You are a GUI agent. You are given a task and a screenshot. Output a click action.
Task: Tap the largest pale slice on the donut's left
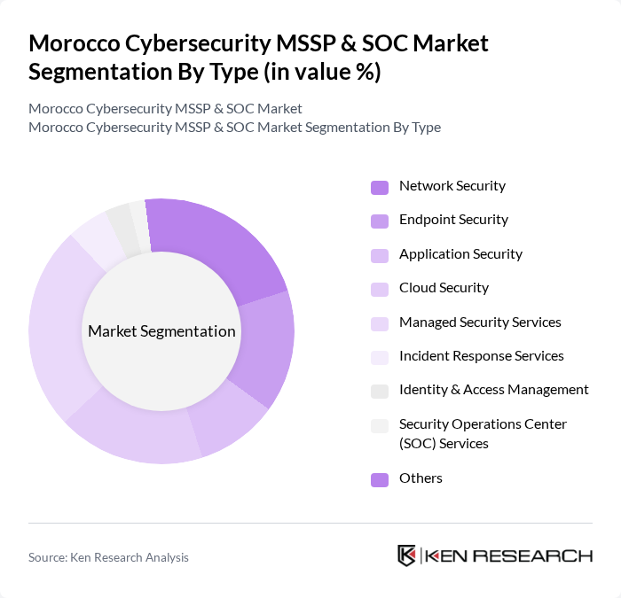click(58, 328)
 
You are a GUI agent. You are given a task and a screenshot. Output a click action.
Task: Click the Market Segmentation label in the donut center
click(161, 331)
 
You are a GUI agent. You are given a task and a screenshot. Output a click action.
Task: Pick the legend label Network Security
click(452, 186)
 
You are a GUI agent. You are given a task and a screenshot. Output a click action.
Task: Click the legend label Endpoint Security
click(453, 220)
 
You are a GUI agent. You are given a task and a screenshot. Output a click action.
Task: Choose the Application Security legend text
click(460, 254)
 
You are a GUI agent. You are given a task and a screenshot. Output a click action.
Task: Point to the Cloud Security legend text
click(444, 288)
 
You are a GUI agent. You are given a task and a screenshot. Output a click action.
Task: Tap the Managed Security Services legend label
click(480, 322)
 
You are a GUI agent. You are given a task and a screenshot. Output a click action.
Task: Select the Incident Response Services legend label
click(481, 356)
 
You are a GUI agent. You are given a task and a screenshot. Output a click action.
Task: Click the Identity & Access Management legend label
click(493, 390)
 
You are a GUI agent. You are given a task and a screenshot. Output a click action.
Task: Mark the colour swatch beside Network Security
click(380, 187)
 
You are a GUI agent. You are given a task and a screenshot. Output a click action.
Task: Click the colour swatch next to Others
click(380, 479)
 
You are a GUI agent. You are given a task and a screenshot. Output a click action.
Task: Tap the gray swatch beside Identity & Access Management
click(380, 391)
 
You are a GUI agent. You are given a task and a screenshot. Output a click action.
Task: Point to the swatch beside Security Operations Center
click(380, 425)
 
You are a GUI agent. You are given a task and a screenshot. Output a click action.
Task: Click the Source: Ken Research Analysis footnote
click(108, 557)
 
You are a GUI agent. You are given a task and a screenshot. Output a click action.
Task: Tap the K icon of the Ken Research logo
click(407, 555)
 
